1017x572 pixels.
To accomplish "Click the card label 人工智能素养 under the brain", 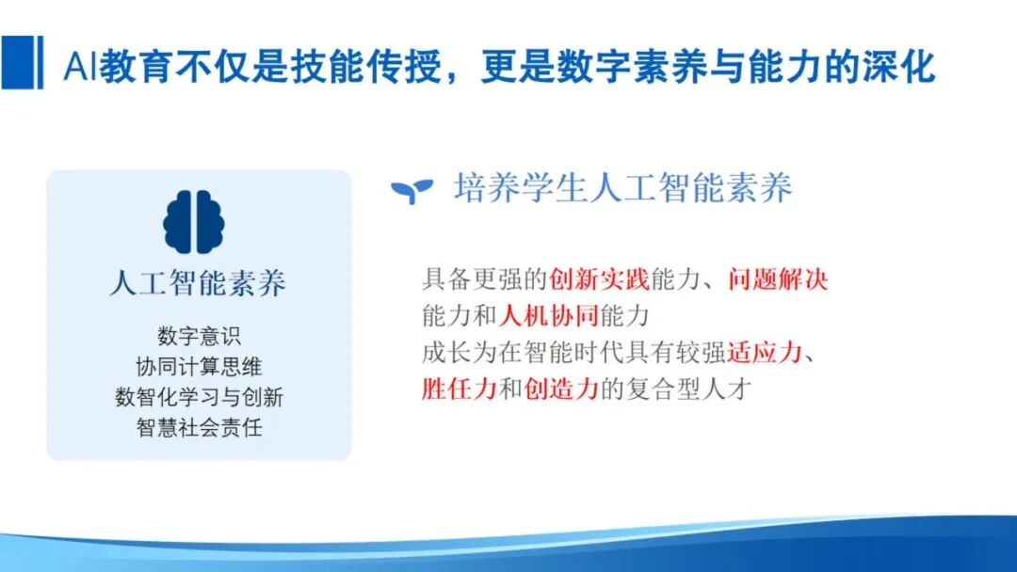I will coord(198,283).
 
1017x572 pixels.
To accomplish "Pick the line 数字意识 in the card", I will coord(199,337).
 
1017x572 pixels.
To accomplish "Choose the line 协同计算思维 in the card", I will coord(199,367).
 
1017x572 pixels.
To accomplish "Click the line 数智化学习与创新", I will coord(199,397).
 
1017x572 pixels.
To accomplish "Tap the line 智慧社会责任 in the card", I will coord(199,428).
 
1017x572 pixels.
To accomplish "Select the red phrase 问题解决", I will coord(777,279).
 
